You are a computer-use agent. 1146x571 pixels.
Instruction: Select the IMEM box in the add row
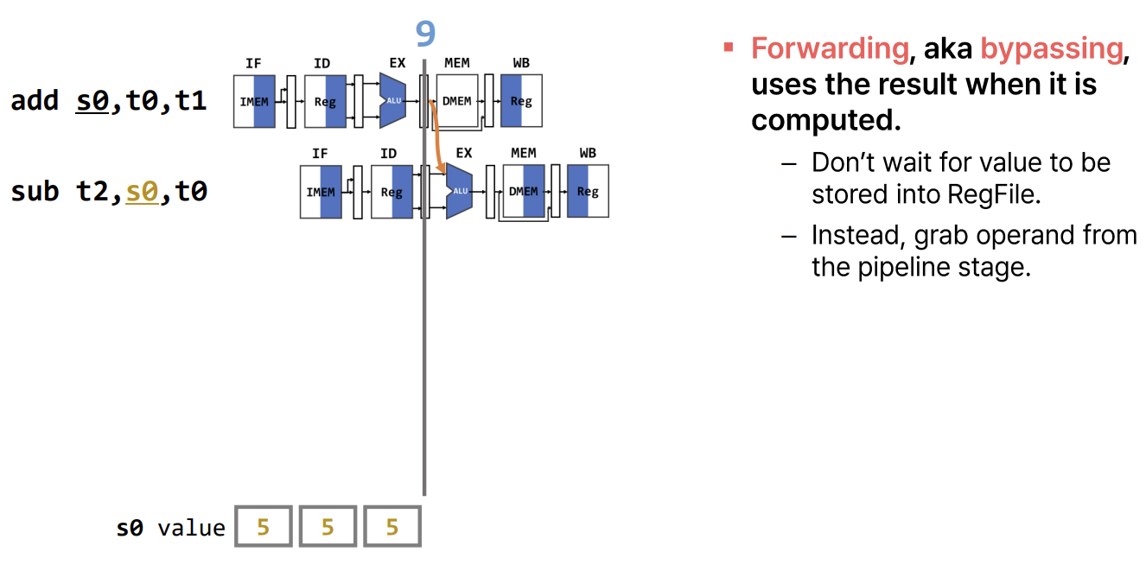point(254,101)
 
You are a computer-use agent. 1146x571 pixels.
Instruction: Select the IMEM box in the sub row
point(321,192)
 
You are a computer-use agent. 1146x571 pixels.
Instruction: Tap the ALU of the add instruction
point(393,101)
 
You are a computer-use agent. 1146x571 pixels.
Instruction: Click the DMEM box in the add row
point(457,101)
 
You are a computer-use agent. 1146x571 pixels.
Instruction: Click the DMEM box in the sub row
point(524,192)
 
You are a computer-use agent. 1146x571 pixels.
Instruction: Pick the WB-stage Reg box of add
point(521,101)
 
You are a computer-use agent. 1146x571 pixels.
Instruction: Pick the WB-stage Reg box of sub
point(588,192)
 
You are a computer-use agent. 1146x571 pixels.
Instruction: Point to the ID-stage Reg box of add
point(325,101)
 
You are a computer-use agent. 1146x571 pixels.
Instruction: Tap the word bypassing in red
point(1051,48)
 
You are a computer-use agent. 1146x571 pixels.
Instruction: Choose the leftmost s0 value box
point(264,527)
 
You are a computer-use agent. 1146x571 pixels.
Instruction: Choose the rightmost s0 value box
point(392,527)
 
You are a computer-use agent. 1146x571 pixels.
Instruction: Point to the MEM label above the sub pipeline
point(523,153)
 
